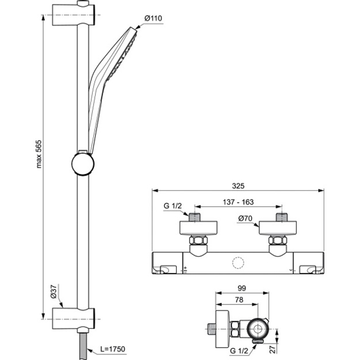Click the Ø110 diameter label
153,18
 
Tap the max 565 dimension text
39,154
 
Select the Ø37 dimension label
53,291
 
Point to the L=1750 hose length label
113,349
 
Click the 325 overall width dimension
238,185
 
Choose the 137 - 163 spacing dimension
238,202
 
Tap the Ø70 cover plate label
245,218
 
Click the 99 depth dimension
242,288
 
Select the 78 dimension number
239,300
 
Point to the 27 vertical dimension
272,349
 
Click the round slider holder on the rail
82,164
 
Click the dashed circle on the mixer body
238,263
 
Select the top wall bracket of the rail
74,14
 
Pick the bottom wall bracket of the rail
74,319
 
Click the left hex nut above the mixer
198,240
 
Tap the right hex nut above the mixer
278,240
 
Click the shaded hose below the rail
83,346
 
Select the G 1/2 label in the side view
239,351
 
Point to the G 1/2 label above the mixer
172,206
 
